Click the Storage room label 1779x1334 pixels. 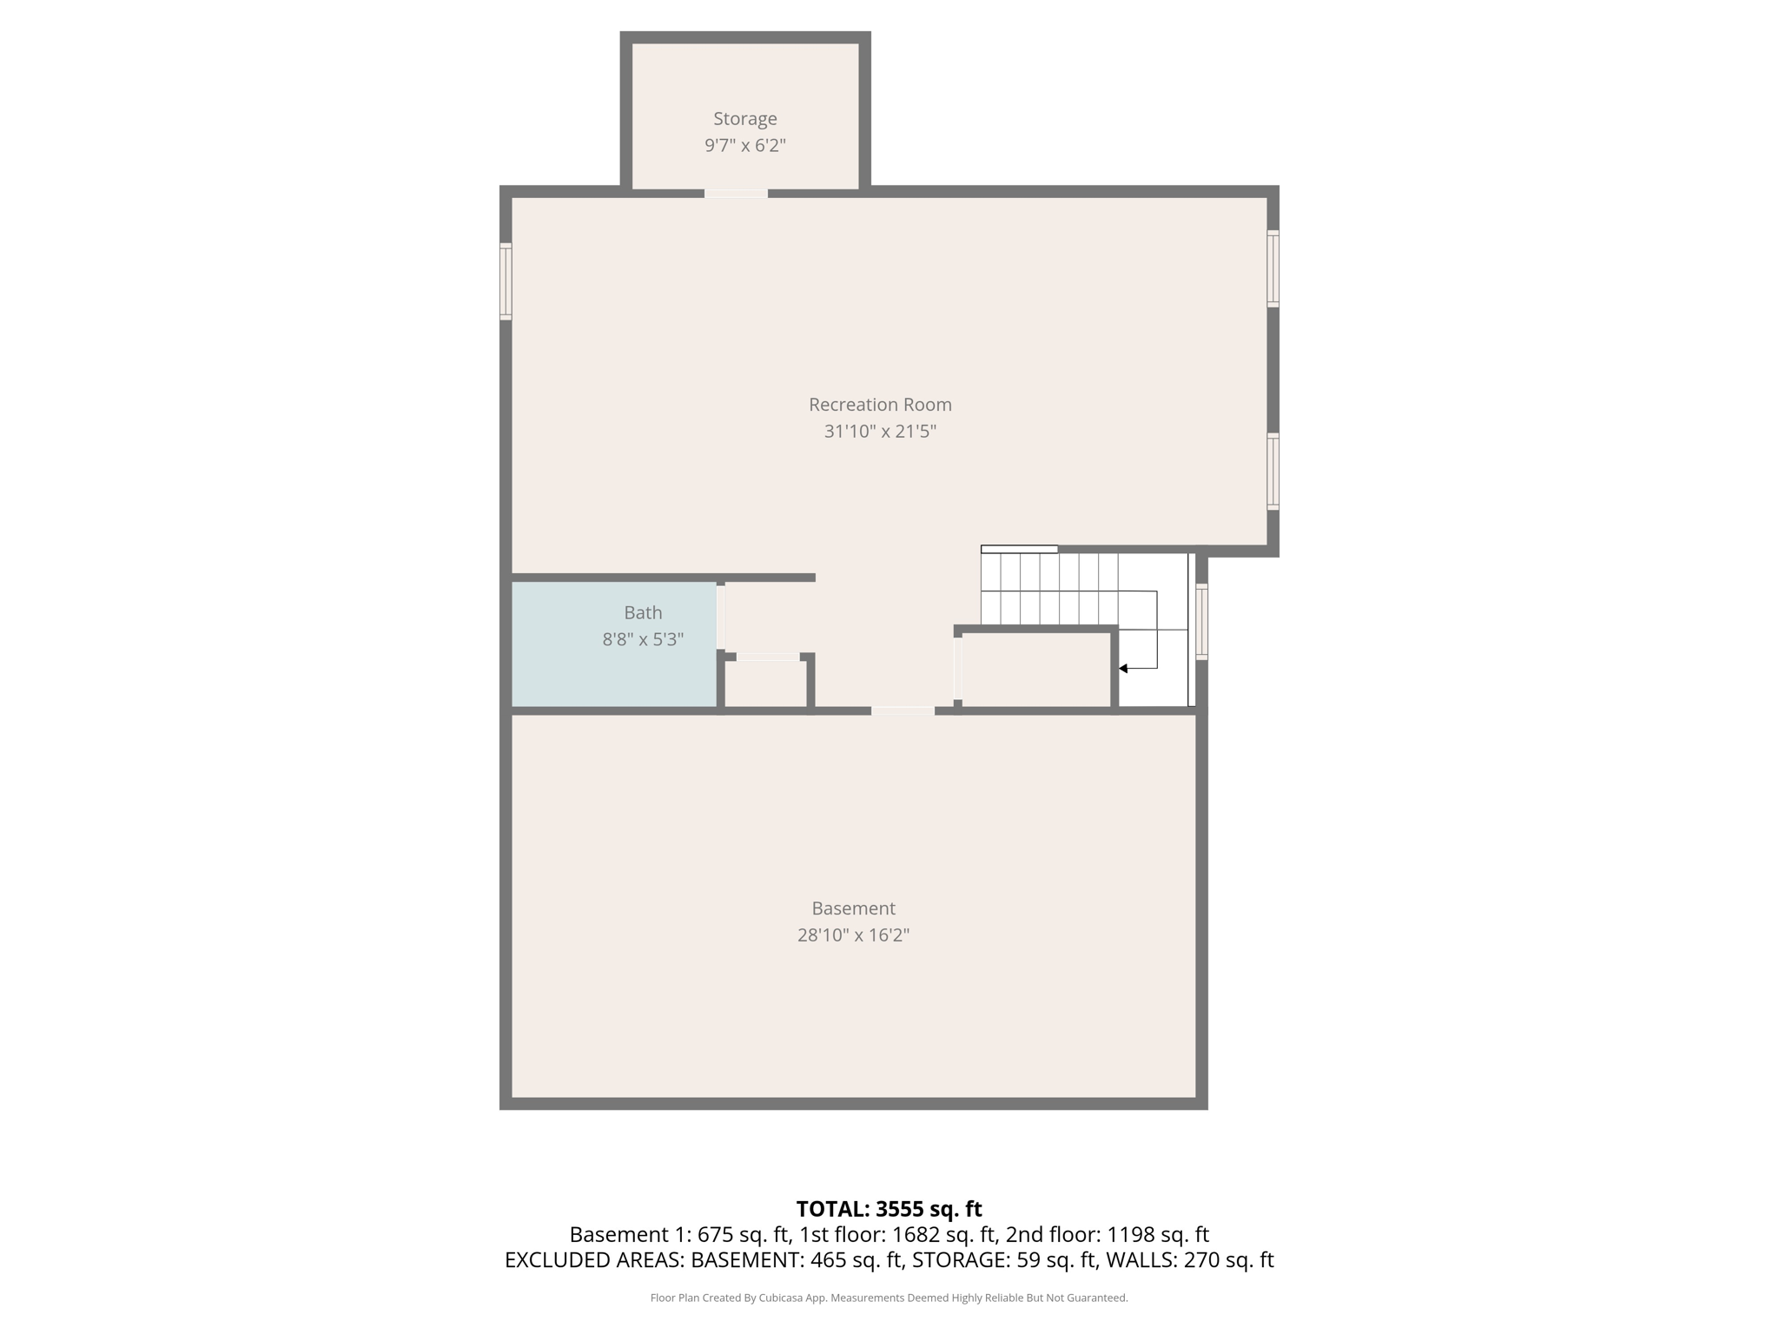coord(744,118)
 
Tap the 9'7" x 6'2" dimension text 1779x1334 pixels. coord(744,145)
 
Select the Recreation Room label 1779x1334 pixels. coord(879,404)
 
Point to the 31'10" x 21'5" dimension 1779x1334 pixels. coord(879,431)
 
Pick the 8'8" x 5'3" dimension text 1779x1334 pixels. coord(643,639)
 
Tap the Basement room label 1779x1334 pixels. coord(853,908)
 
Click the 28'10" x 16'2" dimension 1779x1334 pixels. coord(853,935)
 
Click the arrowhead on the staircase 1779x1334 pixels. coord(1123,668)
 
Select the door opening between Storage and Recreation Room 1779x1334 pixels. coord(736,193)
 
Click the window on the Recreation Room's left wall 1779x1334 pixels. coord(506,281)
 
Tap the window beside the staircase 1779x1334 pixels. coord(1201,621)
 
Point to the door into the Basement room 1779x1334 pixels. coord(903,710)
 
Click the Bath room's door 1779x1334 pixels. coord(720,617)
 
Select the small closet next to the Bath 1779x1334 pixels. coord(766,684)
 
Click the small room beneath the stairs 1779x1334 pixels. coord(1035,670)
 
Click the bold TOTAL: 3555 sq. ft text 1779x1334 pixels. coord(889,1208)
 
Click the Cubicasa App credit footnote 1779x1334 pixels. coord(889,1298)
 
